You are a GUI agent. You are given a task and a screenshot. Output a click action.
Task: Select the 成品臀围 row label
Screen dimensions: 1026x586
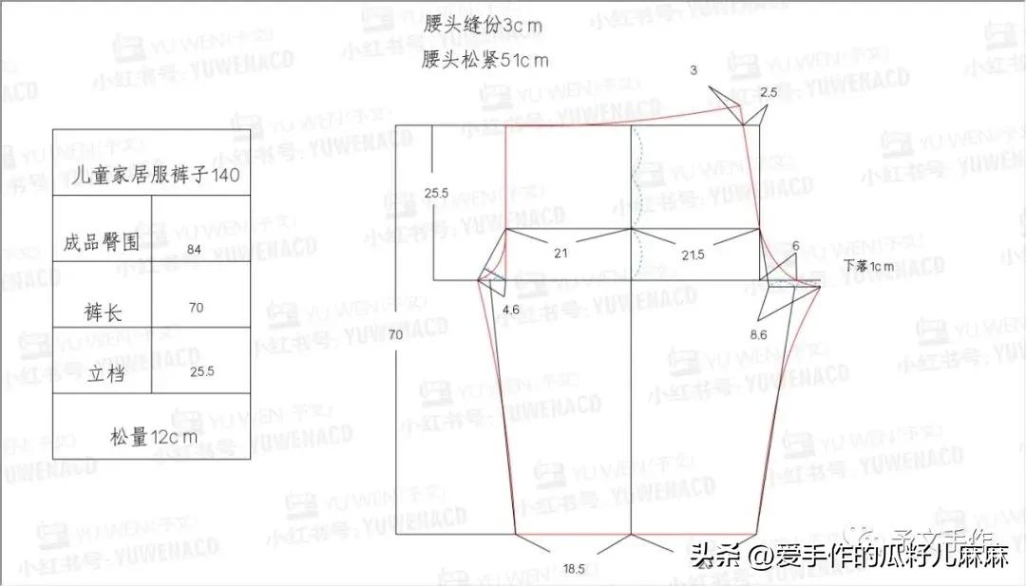click(x=102, y=242)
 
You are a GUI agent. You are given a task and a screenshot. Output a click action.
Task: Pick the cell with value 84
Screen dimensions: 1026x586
click(x=195, y=249)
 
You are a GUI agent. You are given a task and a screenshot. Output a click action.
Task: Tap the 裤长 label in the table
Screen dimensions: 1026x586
click(x=102, y=312)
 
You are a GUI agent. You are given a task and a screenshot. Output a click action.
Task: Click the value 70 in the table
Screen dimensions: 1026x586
click(x=196, y=308)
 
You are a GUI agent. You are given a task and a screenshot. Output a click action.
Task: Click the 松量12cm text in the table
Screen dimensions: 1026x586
click(x=153, y=437)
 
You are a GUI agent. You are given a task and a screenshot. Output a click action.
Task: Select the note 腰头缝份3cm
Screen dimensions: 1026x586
click(x=483, y=26)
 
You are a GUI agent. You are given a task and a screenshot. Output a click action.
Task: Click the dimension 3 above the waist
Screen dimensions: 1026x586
click(x=693, y=70)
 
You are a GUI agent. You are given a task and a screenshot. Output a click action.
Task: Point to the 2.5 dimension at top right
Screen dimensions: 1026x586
click(x=769, y=92)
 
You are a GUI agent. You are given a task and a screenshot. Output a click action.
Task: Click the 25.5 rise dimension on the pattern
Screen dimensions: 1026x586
click(x=436, y=194)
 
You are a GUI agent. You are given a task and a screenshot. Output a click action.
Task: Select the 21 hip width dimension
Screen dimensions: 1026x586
click(x=560, y=253)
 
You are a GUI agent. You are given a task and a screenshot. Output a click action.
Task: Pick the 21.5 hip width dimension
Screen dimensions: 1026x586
click(x=693, y=254)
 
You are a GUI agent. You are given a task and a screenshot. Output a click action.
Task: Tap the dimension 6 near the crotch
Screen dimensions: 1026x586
click(x=795, y=246)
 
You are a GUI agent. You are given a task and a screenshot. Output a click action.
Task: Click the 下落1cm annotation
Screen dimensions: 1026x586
click(x=868, y=266)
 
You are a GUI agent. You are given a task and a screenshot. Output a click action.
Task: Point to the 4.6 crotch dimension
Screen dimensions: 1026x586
click(x=510, y=310)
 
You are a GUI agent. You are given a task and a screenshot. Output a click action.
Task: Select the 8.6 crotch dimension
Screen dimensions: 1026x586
click(x=758, y=334)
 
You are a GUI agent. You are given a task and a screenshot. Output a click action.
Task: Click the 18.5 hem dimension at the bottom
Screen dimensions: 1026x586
click(x=574, y=569)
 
